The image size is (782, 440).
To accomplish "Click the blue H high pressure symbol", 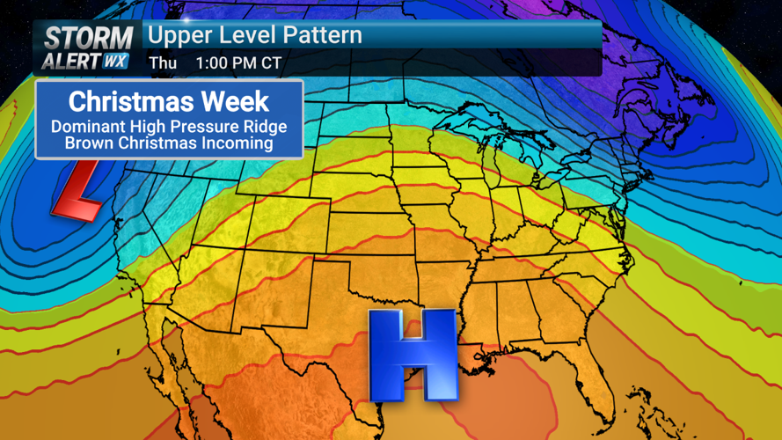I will pos(412,354).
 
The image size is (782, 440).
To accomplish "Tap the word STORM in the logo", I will pos(88,37).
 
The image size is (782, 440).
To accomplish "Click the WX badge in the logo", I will pos(116,62).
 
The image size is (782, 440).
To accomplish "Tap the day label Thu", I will pos(163,62).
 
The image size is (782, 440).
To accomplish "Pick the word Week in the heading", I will pos(245,99).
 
